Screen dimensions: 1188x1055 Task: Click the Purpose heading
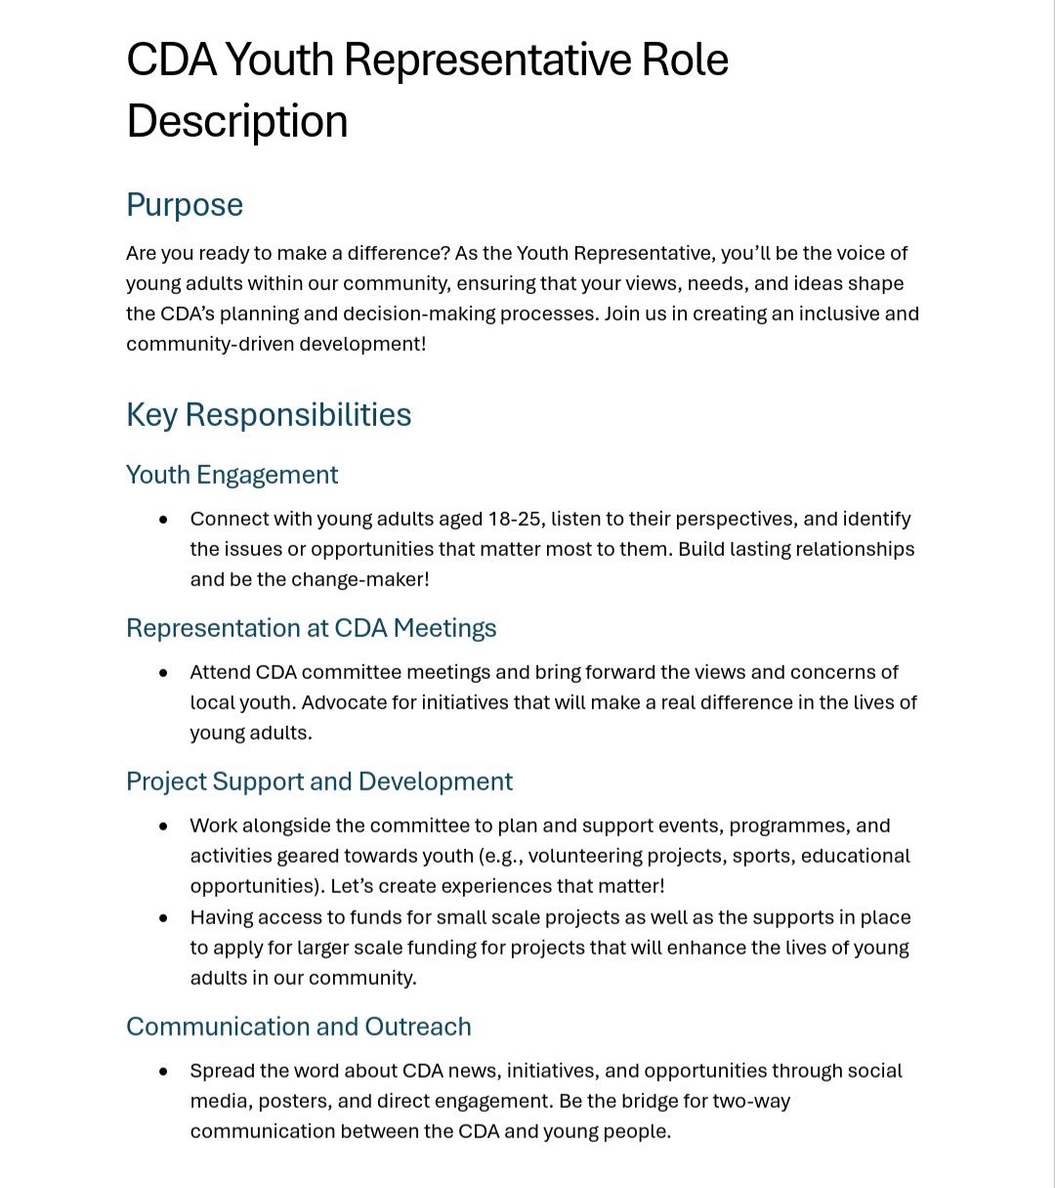point(185,205)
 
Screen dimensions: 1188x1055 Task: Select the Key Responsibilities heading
point(269,414)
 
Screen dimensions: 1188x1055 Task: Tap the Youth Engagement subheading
point(232,475)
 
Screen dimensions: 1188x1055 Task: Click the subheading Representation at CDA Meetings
point(311,628)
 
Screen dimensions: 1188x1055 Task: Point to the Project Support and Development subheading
point(318,782)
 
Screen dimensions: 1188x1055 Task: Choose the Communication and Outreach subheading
point(298,1027)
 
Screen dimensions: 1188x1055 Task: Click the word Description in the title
point(236,121)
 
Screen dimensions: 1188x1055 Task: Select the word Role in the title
point(684,60)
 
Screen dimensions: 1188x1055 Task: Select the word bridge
point(646,1101)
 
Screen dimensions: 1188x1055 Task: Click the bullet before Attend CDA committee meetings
point(163,673)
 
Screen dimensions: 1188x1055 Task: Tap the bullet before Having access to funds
point(163,918)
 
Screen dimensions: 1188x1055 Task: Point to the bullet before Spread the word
point(163,1072)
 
